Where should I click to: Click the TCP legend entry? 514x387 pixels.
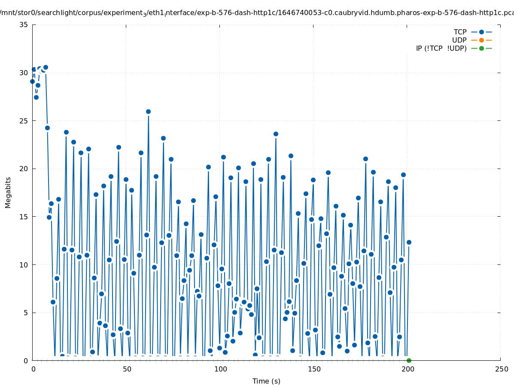460,32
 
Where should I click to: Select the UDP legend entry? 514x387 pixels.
459,40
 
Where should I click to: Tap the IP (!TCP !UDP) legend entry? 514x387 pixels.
441,48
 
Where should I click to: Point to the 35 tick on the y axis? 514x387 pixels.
24,25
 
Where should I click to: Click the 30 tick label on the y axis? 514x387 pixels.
24,73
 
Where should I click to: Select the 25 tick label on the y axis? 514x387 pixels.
24,121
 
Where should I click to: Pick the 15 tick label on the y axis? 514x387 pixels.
24,217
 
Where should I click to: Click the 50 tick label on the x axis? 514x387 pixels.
127,369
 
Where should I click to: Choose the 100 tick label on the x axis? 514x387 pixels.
220,369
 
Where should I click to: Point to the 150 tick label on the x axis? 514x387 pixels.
314,369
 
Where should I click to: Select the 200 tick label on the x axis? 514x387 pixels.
408,369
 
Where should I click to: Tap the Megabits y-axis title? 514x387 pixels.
8,192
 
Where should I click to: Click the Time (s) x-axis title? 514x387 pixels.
266,381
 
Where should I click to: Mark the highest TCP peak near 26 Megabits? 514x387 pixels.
148,111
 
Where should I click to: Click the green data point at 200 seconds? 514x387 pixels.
409,360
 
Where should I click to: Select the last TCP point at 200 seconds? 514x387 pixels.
409,242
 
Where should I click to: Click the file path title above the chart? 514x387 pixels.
257,12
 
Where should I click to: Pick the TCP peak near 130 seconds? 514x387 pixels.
276,134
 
